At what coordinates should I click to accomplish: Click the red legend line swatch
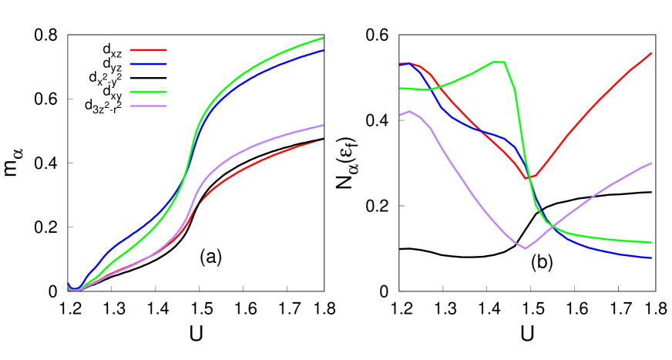pos(148,50)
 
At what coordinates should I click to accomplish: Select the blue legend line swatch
pos(148,64)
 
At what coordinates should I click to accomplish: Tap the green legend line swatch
pos(148,92)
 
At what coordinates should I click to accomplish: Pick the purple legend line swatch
pos(148,106)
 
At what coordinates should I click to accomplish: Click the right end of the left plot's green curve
pos(323,37)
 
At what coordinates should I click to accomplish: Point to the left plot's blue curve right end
pos(323,50)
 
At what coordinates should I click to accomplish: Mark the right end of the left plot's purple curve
pos(323,125)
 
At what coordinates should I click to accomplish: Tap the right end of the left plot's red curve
pos(322,139)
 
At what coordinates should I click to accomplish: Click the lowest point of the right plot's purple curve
pos(525,248)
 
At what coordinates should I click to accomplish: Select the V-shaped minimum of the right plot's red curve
pos(526,178)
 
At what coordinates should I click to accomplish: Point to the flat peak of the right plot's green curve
pos(499,62)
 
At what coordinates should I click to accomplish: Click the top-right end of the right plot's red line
pos(652,53)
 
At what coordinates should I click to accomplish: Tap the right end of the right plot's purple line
pos(652,163)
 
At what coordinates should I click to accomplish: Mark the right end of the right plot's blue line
pos(652,257)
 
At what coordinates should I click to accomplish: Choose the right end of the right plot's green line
pos(652,242)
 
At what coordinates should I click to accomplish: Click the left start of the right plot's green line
pos(400,88)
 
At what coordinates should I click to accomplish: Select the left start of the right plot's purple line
pos(400,115)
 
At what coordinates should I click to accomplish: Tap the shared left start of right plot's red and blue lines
pos(401,64)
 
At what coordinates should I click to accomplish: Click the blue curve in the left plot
pos(139,230)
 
